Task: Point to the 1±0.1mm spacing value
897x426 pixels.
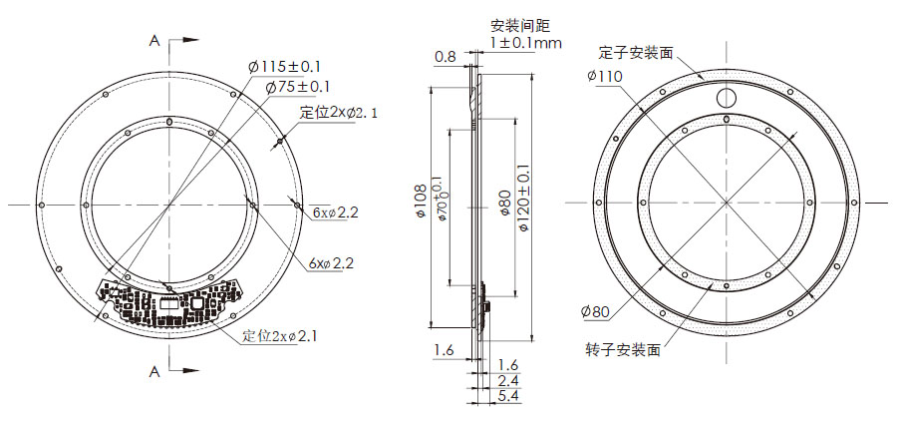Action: [525, 43]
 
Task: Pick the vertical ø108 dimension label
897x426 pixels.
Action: [419, 206]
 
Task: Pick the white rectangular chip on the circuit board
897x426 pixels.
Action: [198, 302]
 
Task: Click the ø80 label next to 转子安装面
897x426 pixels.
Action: [594, 312]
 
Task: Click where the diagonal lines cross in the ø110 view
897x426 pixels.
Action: [727, 203]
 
